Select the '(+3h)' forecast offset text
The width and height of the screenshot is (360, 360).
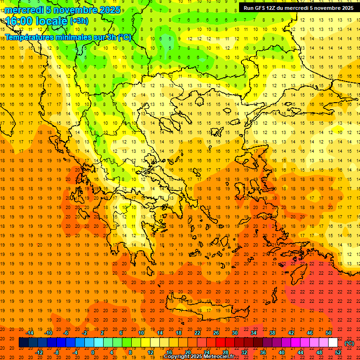pos(79,21)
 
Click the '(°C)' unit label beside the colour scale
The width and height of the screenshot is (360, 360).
pos(349,343)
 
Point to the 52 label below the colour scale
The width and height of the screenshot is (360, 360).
pos(338,352)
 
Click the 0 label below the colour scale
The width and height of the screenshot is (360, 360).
pos(92,352)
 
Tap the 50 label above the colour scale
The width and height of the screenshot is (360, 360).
pos(328,333)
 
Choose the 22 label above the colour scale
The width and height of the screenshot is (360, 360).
pos(197,333)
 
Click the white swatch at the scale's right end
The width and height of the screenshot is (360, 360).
pos(333,343)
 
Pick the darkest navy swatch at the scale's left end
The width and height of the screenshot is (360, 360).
pos(23,343)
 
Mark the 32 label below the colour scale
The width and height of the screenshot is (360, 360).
pos(244,352)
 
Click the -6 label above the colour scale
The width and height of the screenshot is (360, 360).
pos(66,333)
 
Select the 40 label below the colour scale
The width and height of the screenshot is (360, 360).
pos(281,352)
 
